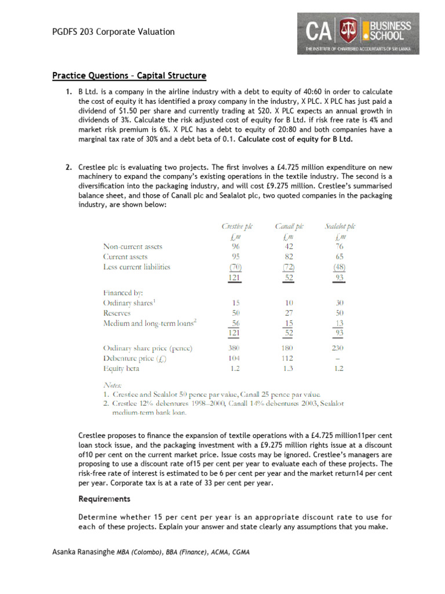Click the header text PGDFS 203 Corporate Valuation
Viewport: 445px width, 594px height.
pos(113,32)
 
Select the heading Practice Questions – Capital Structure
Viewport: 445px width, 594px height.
pos(129,76)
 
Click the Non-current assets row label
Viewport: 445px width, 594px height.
pos(133,247)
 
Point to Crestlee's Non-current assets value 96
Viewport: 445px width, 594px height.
pos(236,247)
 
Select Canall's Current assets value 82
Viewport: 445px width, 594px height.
pos(289,256)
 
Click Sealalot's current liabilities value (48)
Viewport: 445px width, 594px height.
pos(340,267)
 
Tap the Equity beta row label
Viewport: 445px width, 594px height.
pos(122,368)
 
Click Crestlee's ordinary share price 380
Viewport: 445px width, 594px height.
pos(236,348)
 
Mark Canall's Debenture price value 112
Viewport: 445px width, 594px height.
pos(289,358)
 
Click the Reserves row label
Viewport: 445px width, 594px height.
pos(117,313)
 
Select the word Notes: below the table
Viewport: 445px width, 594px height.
pos(112,384)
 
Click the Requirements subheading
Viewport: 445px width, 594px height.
pos(104,499)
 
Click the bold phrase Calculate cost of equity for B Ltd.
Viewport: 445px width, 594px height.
pos(296,139)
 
